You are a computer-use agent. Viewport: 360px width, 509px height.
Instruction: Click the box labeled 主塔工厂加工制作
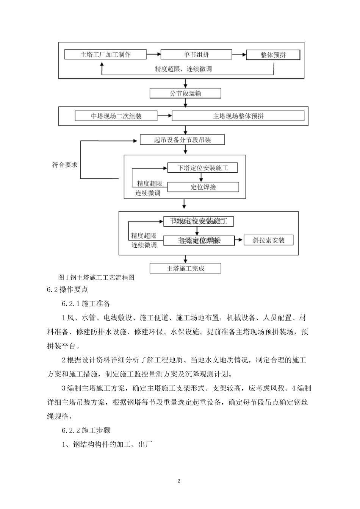pos(105,55)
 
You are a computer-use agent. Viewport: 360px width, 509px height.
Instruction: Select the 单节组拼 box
pos(196,55)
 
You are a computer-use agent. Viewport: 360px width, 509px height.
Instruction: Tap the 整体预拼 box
pos(273,55)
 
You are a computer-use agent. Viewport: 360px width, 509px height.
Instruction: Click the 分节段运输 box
pos(185,93)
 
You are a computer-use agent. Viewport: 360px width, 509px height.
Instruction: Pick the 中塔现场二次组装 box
pos(116,116)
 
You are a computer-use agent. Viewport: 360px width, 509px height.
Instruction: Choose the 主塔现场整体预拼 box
pos(238,116)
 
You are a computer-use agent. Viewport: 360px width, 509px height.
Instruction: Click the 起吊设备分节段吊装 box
pos(182,140)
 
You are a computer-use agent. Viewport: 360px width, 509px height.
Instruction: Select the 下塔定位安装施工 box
pos(203,168)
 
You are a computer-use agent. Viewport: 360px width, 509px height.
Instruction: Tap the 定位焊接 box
pos(203,187)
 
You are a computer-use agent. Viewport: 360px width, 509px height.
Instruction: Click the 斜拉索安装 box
pos(268,240)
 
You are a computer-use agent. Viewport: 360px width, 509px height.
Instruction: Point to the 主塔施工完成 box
pos(185,269)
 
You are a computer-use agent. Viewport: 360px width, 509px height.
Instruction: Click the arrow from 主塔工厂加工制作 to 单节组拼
pos(153,55)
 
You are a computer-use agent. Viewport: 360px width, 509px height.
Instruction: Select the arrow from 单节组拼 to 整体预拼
pos(239,55)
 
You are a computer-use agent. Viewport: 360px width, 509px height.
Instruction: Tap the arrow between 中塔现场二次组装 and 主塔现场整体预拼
pos(164,116)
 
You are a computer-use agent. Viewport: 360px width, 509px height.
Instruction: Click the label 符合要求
pos(65,165)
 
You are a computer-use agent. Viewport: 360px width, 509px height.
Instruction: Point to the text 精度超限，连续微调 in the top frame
pos(183,69)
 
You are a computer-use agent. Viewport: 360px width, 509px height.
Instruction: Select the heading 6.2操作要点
pos(67,290)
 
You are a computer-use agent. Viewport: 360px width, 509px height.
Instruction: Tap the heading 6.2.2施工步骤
pos(86,430)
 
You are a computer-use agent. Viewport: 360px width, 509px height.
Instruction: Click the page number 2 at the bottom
pos(179,481)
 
